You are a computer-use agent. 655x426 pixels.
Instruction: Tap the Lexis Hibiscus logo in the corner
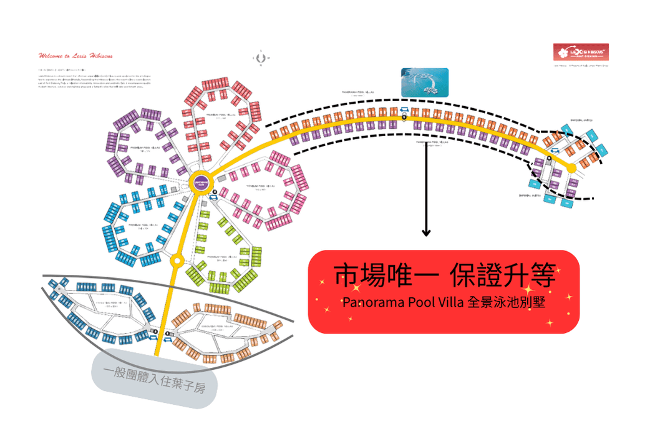click(581, 52)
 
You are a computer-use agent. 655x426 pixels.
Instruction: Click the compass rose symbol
click(260, 57)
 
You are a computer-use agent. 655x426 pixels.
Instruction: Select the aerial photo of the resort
click(424, 82)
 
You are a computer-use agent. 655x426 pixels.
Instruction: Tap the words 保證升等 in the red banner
click(504, 275)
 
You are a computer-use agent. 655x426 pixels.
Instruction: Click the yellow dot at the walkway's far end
click(571, 168)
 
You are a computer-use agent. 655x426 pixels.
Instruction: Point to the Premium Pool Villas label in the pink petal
click(261, 187)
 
